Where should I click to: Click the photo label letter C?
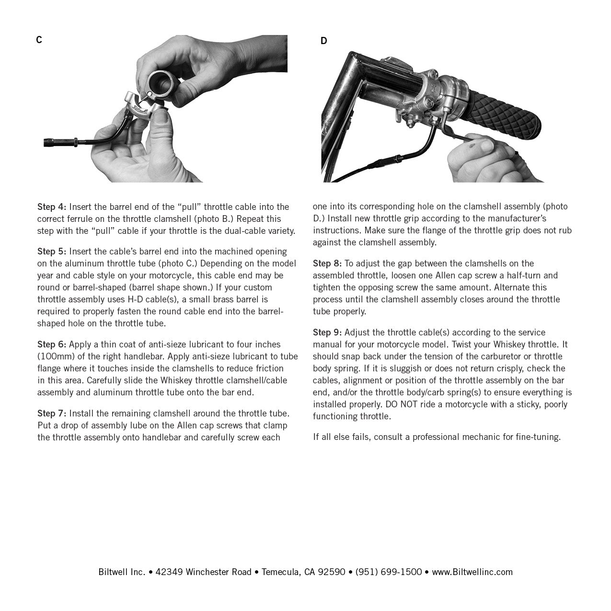coord(39,40)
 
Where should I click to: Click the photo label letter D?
coord(323,41)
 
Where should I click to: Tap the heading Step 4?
coord(52,207)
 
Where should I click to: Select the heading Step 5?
coord(52,252)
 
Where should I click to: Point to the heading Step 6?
coord(52,345)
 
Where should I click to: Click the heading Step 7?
coord(52,414)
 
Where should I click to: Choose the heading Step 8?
coord(327,264)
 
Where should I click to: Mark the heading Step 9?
coord(327,333)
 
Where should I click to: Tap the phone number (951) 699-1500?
coord(389,572)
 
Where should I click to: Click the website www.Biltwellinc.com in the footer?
coord(472,572)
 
